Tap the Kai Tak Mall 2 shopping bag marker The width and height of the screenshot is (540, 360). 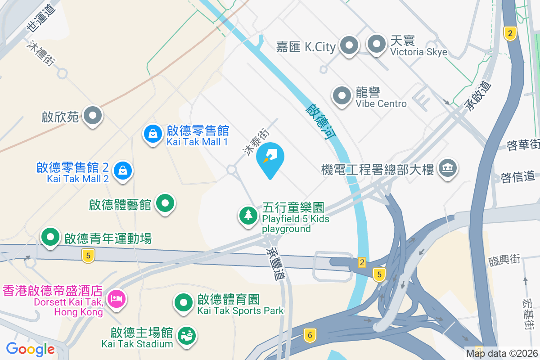(123, 171)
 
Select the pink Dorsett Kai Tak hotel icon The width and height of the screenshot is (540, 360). (117, 298)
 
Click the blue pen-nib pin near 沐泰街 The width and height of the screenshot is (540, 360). (270, 157)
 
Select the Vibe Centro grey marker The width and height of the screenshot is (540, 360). (342, 95)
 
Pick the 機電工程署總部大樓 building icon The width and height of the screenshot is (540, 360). (448, 169)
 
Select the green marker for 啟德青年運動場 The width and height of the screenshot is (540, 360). (50, 237)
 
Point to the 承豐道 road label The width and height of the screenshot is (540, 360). (275, 264)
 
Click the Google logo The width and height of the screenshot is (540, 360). (30, 349)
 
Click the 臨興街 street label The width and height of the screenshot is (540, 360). (504, 260)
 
